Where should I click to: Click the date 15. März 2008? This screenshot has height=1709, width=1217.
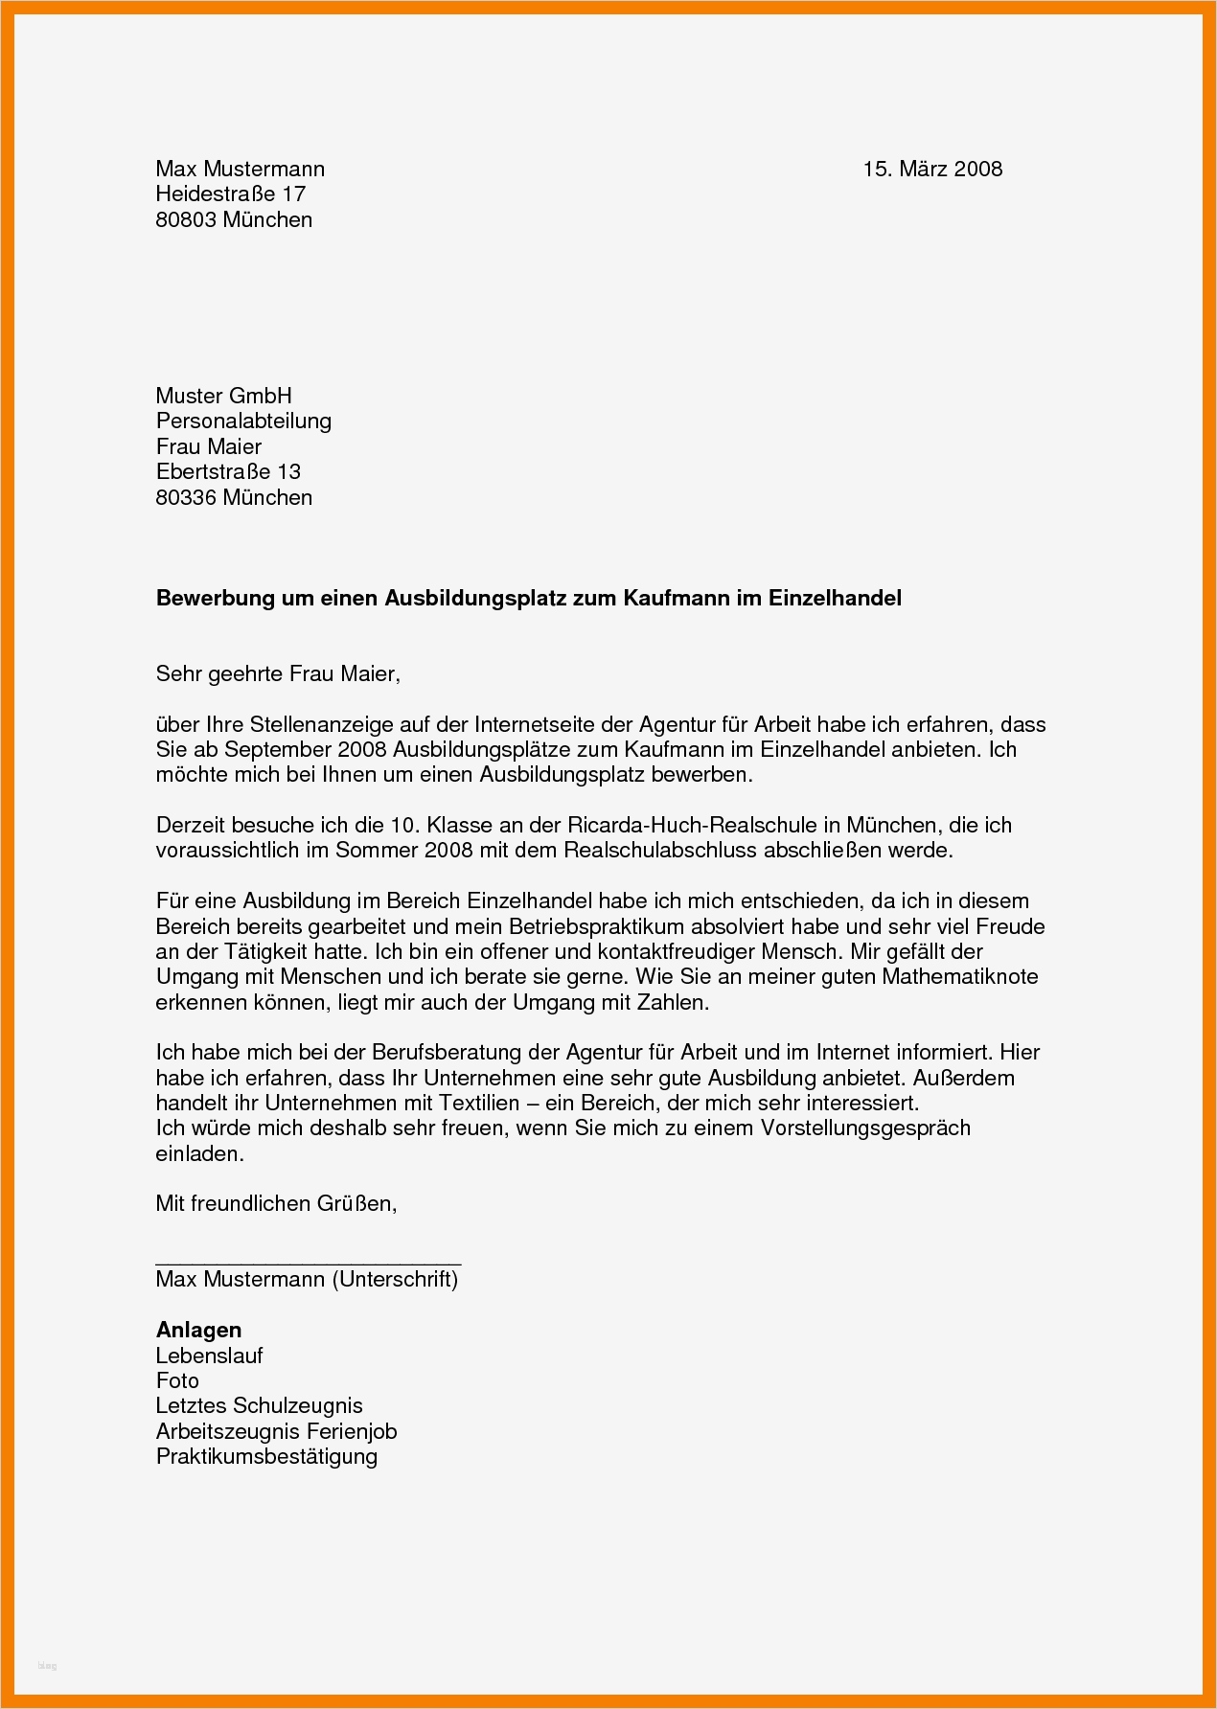(x=931, y=170)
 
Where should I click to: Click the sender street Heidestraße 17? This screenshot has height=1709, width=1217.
(x=230, y=194)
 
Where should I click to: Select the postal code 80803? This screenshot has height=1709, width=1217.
(x=186, y=220)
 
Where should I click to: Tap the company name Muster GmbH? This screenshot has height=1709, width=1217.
(x=223, y=396)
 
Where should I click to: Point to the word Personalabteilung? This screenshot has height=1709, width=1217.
(x=243, y=421)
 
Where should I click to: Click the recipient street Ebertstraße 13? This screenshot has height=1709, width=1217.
(x=228, y=471)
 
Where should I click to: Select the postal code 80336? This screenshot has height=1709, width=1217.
(x=186, y=497)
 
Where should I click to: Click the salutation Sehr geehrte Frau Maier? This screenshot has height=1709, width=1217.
(x=277, y=674)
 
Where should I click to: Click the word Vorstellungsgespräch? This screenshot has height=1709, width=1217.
(x=865, y=1128)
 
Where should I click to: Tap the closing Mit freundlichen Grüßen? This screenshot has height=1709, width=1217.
(x=276, y=1203)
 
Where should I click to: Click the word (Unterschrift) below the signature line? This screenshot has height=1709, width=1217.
(x=395, y=1280)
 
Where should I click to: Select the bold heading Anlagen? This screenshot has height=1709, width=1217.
(x=198, y=1330)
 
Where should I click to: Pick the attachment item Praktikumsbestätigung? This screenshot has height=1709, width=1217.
(x=266, y=1457)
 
